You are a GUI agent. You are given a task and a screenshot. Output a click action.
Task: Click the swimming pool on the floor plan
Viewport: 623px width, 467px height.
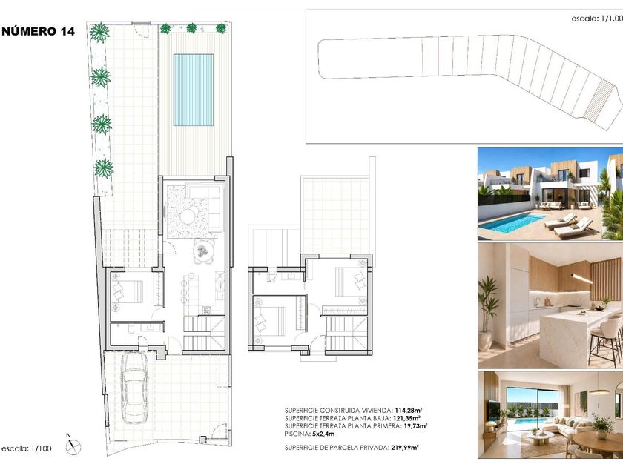pos(193,90)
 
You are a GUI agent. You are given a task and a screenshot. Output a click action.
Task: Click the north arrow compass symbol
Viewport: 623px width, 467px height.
pos(73,446)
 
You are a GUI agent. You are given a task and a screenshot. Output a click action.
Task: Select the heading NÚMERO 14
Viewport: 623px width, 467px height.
pos(38,31)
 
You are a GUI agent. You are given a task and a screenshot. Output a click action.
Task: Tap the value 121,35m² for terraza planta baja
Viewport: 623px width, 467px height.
pos(407,418)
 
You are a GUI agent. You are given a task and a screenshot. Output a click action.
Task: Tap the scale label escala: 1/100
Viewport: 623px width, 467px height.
pos(27,449)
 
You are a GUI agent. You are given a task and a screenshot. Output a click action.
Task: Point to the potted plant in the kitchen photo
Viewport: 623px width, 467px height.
pos(488,313)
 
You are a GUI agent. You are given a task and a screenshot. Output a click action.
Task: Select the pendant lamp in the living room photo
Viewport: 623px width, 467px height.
pos(599,391)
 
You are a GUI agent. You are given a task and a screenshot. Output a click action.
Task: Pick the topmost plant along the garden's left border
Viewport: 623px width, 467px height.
pos(99,33)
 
